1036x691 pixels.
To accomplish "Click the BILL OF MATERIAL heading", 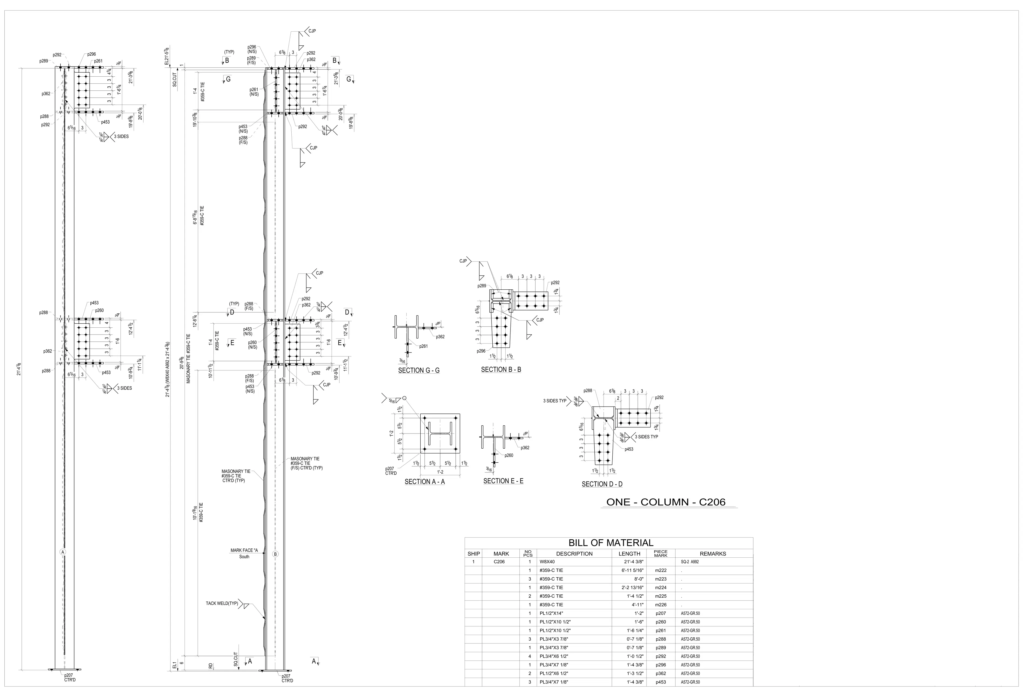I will pos(611,543).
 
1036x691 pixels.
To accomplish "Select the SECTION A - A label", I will pos(425,482).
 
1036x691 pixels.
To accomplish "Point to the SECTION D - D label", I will pos(602,484).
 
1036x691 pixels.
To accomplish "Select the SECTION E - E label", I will pos(503,481).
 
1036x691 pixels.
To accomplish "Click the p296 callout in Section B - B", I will pos(481,351).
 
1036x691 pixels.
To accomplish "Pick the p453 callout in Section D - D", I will pos(629,449).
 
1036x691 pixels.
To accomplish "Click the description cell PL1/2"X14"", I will pos(551,614).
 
